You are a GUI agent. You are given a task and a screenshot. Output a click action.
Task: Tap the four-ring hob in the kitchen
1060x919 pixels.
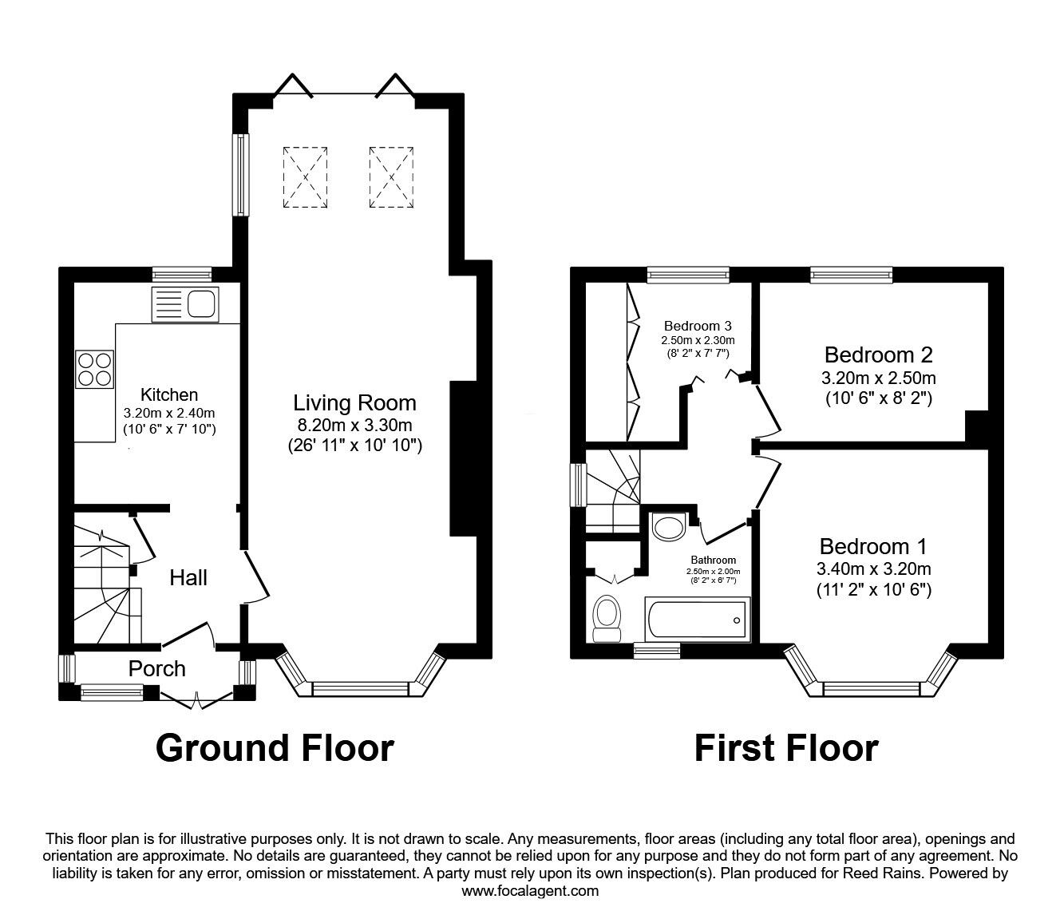[94, 369]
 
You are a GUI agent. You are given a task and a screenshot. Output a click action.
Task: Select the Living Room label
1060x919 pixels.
[354, 402]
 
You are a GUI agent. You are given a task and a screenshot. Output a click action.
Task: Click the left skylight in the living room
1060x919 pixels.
[304, 176]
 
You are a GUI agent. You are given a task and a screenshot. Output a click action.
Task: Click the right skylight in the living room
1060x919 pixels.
[391, 176]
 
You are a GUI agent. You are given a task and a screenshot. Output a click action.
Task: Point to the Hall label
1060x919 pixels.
[188, 577]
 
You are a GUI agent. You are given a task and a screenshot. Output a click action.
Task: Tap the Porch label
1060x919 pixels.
[156, 668]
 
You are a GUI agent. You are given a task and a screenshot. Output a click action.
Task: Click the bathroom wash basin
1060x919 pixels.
[668, 527]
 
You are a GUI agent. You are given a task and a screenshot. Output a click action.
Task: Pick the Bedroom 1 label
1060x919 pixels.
[873, 547]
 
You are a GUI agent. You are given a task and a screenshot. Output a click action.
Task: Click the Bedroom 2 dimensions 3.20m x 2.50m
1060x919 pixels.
[879, 378]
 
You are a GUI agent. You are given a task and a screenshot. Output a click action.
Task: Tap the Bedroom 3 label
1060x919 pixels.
[698, 326]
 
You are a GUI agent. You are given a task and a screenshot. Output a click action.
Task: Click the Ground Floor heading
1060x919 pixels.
[275, 748]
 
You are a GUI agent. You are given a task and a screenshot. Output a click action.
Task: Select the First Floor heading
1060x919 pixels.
[786, 748]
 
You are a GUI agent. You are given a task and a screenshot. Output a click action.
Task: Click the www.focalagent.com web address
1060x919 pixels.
[530, 891]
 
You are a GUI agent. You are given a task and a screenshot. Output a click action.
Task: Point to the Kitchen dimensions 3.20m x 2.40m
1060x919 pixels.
[169, 414]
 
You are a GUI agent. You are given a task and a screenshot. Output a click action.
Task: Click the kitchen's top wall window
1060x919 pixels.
[182, 275]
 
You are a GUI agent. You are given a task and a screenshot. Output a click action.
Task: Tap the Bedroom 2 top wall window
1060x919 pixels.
[852, 275]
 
